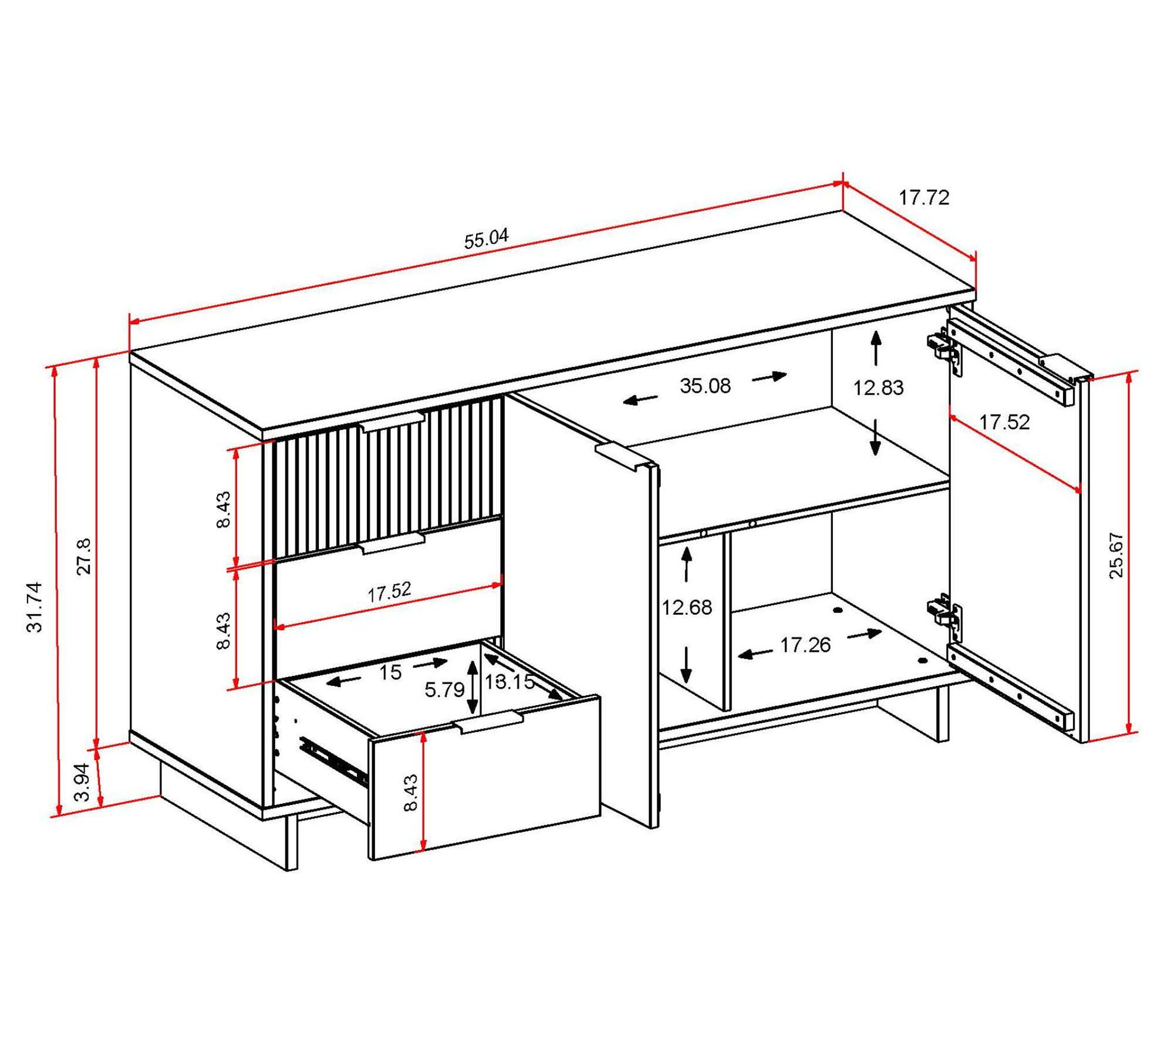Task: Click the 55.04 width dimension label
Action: coord(487,239)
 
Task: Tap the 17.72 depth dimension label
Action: coord(924,198)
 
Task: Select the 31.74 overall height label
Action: coord(35,607)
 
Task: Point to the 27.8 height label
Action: coord(84,556)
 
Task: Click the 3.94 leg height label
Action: coord(83,782)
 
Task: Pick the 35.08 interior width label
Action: coord(705,386)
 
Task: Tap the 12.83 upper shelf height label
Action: coord(878,388)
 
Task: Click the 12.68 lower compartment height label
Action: coord(687,607)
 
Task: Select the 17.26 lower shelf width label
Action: coord(805,645)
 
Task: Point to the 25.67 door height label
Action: coord(1116,555)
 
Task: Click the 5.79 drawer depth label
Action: coord(444,690)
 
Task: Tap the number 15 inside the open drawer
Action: coord(390,672)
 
